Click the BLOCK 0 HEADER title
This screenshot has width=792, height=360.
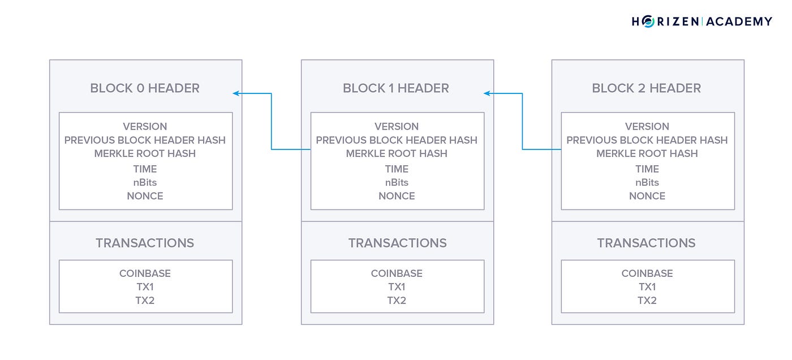pyautogui.click(x=145, y=88)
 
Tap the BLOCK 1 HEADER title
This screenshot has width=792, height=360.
pyautogui.click(x=396, y=88)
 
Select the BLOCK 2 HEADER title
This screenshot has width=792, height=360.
pyautogui.click(x=646, y=88)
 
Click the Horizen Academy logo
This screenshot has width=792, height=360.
pyautogui.click(x=701, y=22)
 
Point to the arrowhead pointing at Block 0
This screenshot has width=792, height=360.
pyautogui.click(x=236, y=93)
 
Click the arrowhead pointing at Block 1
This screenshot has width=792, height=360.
pyautogui.click(x=487, y=93)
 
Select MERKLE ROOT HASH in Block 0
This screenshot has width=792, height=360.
pyautogui.click(x=145, y=153)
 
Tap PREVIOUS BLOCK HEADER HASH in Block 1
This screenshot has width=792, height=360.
pyautogui.click(x=397, y=140)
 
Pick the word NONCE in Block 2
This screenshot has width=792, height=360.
pyautogui.click(x=647, y=196)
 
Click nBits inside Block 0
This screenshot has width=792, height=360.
pyautogui.click(x=145, y=182)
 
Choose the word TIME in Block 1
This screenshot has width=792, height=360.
pyautogui.click(x=397, y=169)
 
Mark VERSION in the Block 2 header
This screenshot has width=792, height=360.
pyautogui.click(x=647, y=126)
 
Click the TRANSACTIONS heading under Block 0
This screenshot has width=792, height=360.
pyautogui.click(x=145, y=243)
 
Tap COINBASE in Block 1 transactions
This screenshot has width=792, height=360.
pyautogui.click(x=397, y=273)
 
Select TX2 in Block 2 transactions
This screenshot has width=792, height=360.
pyautogui.click(x=647, y=301)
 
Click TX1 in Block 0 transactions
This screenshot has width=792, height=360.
pyautogui.click(x=145, y=287)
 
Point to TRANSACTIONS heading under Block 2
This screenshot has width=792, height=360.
pyautogui.click(x=646, y=243)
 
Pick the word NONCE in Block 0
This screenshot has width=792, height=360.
pyautogui.click(x=145, y=196)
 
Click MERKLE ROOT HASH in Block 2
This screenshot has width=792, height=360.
pyautogui.click(x=647, y=153)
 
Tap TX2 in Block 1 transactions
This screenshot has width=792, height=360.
pyautogui.click(x=397, y=301)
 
